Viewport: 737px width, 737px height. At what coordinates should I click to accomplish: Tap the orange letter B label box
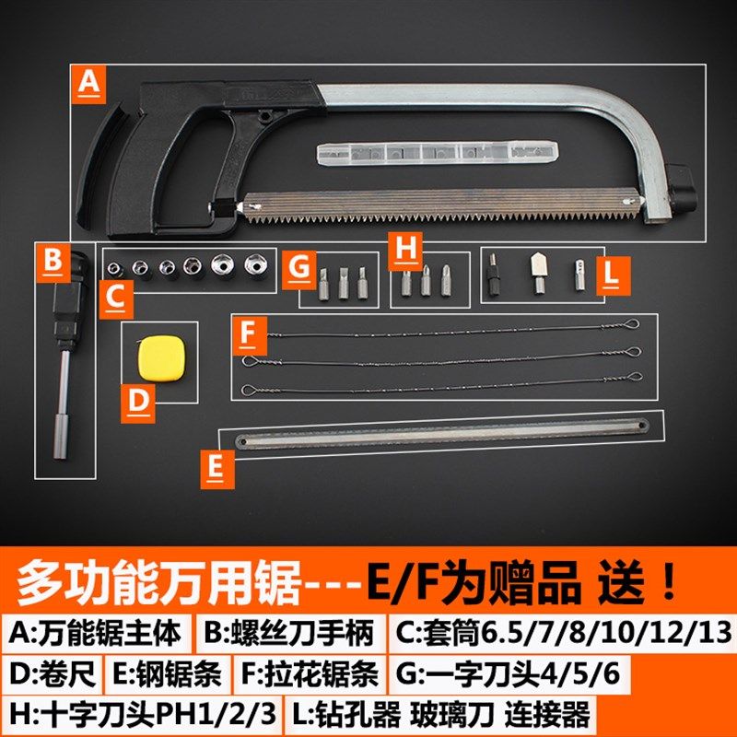tap(53, 262)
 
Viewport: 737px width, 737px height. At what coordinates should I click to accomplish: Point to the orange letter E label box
tap(216, 467)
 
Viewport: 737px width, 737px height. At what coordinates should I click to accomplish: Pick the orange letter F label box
tap(248, 333)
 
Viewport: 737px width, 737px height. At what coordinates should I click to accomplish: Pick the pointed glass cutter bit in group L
tap(534, 270)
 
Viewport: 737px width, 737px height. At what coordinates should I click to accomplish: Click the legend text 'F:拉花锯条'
tap(310, 674)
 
